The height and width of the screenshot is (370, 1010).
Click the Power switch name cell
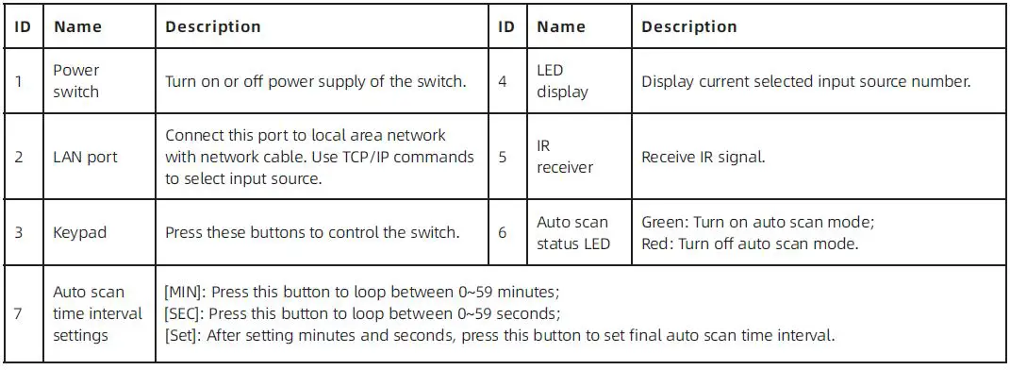[x=75, y=81]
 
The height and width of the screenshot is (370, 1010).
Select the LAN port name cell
[x=85, y=157]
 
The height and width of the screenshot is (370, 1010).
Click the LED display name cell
[x=562, y=81]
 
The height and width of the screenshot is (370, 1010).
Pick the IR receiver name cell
[x=565, y=157]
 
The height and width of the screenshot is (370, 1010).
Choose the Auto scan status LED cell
[x=573, y=232]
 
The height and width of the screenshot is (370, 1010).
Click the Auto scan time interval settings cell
[x=97, y=313]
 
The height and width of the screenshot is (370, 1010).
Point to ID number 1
[x=20, y=81]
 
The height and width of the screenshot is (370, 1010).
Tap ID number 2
[x=20, y=157]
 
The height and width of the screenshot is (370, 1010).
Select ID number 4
[x=503, y=81]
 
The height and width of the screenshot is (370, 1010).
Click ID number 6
[x=503, y=232]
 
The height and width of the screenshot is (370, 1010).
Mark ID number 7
[x=20, y=313]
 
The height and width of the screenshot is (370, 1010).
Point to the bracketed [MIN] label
[x=182, y=293]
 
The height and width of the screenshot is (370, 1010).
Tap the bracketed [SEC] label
[x=181, y=313]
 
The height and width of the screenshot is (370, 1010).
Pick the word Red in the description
[x=655, y=244]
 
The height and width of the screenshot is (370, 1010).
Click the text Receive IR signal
[x=703, y=157]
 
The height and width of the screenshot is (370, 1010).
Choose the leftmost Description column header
[x=213, y=27]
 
